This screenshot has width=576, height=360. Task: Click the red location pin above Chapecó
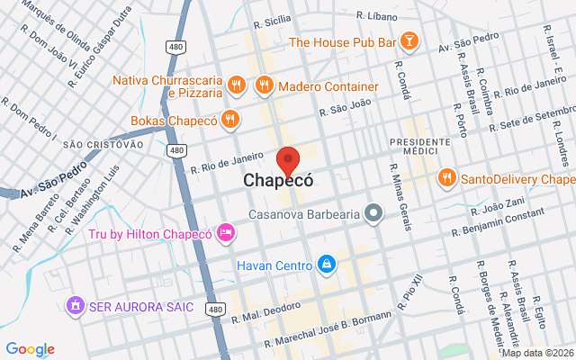288,159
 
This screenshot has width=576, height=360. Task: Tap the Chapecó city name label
279,181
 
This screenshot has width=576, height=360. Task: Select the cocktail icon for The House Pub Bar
409,41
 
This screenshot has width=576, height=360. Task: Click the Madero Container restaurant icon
264,86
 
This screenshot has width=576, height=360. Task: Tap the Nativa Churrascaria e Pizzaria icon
235,86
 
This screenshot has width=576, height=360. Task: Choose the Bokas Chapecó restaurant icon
230,120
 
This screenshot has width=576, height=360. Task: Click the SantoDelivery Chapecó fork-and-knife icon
445,178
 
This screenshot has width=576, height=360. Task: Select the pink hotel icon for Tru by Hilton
226,234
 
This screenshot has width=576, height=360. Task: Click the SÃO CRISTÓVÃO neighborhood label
103,144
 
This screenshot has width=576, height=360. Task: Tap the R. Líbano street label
377,15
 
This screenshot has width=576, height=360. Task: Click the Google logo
30,349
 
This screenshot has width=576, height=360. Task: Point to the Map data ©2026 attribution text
537,353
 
